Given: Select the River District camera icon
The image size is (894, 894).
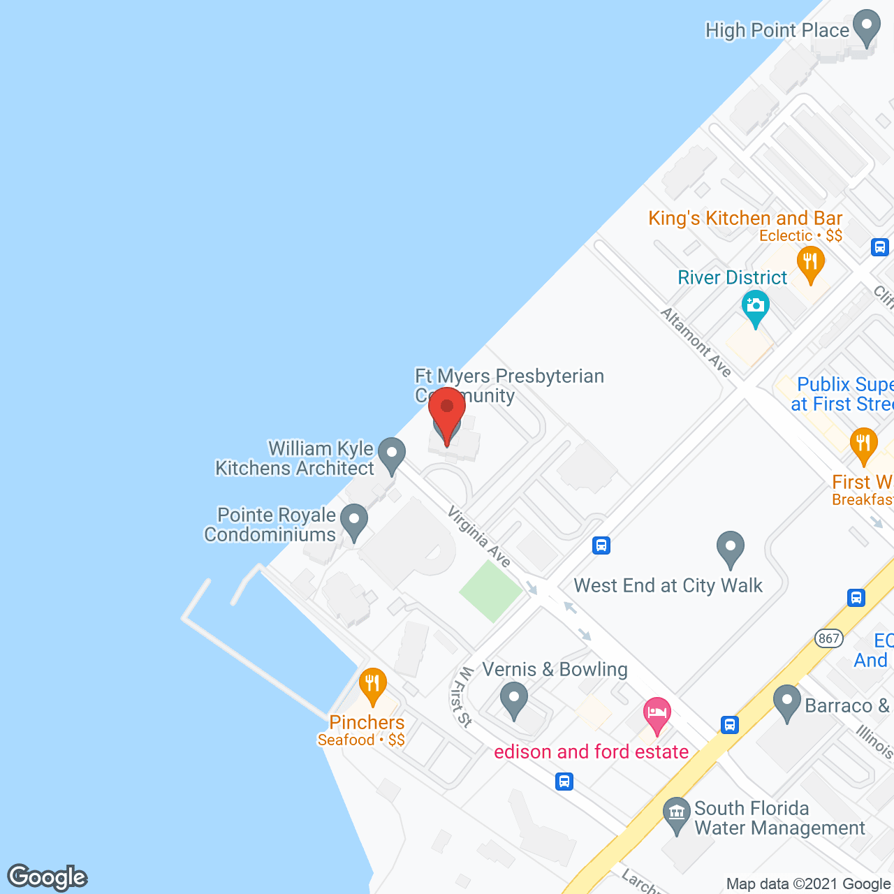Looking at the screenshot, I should [755, 307].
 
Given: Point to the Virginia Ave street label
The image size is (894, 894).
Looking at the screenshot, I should [479, 536].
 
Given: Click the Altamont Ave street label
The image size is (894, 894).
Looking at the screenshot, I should [696, 342].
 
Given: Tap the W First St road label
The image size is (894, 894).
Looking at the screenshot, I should [462, 696].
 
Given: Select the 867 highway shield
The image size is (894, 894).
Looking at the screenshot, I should [829, 638].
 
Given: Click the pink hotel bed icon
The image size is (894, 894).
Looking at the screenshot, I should [657, 714].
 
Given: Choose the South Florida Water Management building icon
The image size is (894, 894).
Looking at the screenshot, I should [676, 814].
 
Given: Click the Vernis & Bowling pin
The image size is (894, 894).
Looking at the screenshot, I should [514, 699].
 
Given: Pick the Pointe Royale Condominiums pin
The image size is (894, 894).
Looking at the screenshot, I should [354, 521].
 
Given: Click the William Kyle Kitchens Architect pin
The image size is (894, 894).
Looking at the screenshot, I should [392, 454].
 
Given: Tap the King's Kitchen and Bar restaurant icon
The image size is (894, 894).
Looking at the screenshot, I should [810, 263].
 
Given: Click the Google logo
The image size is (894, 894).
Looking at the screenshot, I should [47, 877].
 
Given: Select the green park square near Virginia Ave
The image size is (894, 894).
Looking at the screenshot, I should [490, 591].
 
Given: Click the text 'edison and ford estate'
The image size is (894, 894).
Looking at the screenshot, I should [591, 752].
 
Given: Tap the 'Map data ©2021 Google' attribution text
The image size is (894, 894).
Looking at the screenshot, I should [809, 884].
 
